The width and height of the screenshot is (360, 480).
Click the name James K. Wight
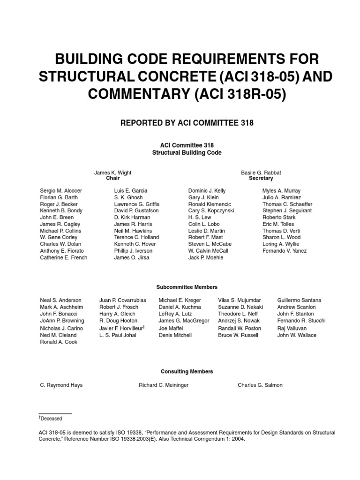tap(112, 172)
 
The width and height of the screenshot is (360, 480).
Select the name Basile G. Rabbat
tap(261, 172)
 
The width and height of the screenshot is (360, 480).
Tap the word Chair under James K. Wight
tap(112, 179)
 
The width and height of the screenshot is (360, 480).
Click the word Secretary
tap(261, 179)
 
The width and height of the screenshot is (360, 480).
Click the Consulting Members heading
tap(187, 371)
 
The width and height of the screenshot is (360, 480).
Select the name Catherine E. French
tap(64, 257)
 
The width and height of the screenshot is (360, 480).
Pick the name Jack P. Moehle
tap(206, 257)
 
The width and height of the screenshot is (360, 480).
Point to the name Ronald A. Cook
tap(59, 342)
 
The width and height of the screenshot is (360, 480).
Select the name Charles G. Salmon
tap(260, 385)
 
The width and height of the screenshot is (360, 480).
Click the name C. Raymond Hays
tap(61, 385)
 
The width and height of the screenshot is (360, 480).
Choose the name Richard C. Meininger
tap(163, 385)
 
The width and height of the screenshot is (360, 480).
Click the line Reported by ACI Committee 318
tap(187, 123)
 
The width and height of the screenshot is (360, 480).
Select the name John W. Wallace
tap(297, 335)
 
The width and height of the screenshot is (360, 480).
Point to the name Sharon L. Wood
tap(281, 237)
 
